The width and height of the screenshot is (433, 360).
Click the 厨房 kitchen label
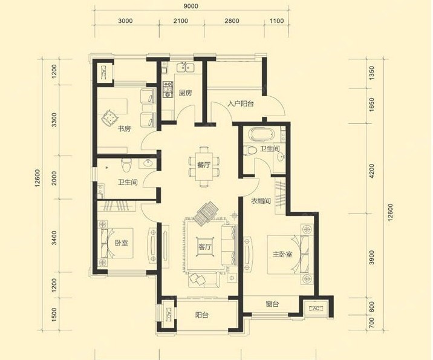pyautogui.click(x=185, y=93)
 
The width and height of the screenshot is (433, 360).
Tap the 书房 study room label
pyautogui.click(x=124, y=128)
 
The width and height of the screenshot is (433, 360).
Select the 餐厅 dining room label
pyautogui.click(x=204, y=165)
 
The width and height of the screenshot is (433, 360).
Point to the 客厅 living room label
pyautogui.click(x=204, y=247)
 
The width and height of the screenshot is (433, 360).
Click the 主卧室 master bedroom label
pyautogui.click(x=282, y=254)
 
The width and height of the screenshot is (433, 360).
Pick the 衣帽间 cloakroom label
pyautogui.click(x=261, y=201)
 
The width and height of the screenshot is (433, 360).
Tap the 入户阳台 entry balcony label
pyautogui.click(x=241, y=104)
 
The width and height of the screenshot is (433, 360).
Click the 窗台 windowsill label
pyautogui.click(x=272, y=304)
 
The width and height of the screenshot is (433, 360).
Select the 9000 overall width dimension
pyautogui.click(x=191, y=6)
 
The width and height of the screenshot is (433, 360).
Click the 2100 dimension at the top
pyautogui.click(x=181, y=21)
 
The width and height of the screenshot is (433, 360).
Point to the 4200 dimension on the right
pyautogui.click(x=372, y=171)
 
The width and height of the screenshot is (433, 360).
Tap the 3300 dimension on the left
pyautogui.click(x=54, y=120)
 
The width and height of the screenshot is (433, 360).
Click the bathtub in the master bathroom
pyautogui.click(x=262, y=134)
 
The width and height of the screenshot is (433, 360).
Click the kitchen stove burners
pyautogui.click(x=168, y=90)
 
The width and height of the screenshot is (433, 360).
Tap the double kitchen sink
pyautogui.click(x=185, y=67)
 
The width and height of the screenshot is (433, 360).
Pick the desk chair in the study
pyautogui.click(x=109, y=118)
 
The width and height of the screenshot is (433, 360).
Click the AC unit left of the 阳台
pyautogui.click(x=169, y=314)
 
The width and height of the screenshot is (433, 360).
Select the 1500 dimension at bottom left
pyautogui.click(x=54, y=315)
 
